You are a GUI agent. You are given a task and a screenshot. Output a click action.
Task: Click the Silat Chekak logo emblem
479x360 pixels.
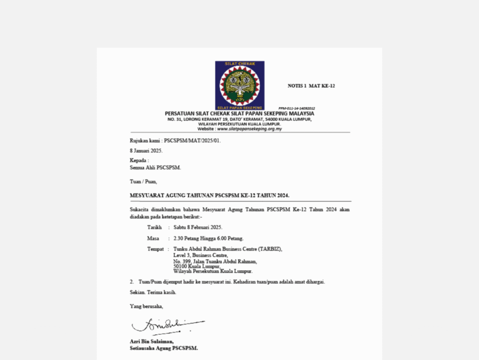[239, 85]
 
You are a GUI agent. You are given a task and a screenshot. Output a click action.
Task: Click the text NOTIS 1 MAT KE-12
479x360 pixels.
[311, 86]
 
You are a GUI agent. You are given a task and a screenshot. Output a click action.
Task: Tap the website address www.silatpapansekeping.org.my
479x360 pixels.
[249, 129]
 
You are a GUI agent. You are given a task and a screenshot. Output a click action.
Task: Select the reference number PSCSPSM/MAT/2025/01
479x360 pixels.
[192, 140]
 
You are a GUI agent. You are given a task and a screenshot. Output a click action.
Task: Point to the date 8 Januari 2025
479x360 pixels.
[146, 151]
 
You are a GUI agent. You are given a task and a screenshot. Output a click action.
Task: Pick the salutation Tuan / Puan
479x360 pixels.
[143, 181]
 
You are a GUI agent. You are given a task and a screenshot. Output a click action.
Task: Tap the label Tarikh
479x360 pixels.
[154, 227]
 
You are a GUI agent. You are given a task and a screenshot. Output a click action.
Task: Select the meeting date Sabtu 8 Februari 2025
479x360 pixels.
[198, 227]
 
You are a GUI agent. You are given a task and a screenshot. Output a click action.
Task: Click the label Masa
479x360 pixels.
[153, 238]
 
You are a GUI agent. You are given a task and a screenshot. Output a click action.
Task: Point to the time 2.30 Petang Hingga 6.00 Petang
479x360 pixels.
[208, 238]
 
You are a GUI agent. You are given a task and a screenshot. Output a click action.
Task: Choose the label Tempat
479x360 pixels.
[155, 249]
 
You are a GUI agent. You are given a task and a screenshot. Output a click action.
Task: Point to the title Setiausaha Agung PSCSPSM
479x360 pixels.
[164, 348]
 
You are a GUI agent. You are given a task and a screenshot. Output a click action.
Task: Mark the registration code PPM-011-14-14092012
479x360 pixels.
[297, 108]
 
